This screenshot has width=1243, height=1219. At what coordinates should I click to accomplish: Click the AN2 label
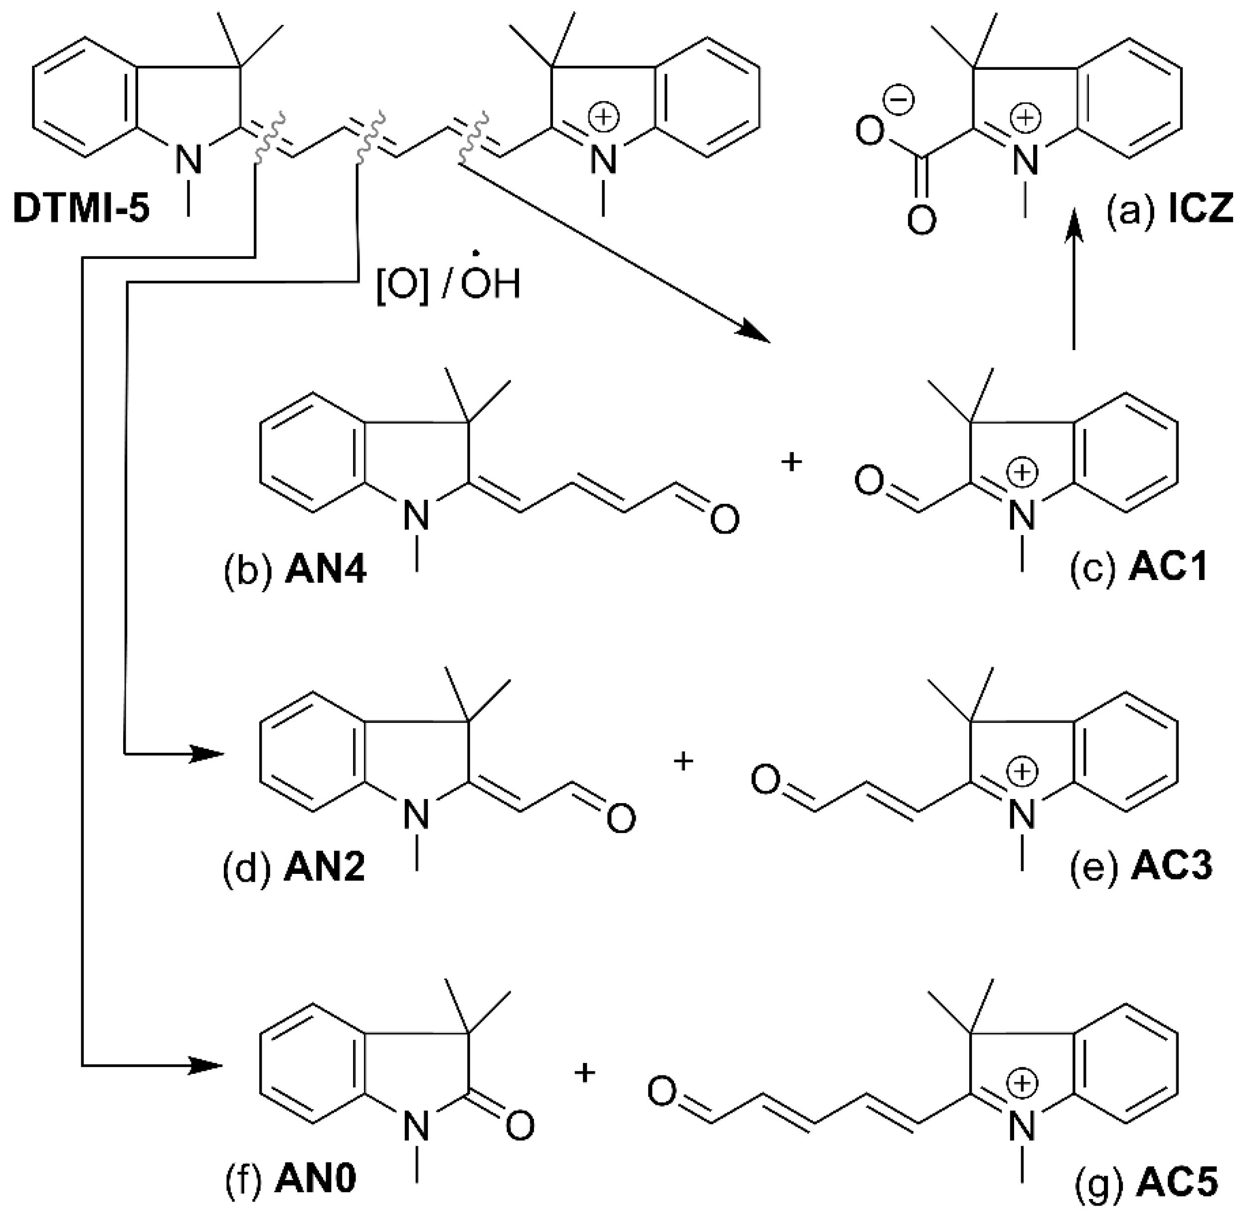point(325,869)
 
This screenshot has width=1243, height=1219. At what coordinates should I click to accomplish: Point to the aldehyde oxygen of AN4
point(724,519)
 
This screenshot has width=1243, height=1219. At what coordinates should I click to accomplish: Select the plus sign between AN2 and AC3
point(684,761)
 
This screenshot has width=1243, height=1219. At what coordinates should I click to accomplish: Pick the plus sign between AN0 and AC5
point(584,1072)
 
